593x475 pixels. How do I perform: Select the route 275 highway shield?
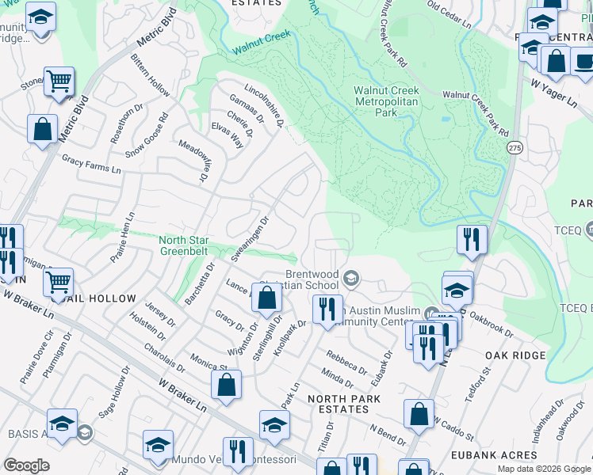(x=515, y=148)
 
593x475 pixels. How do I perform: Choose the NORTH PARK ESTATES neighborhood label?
(x=339, y=404)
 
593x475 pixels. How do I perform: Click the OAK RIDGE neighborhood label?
(x=516, y=356)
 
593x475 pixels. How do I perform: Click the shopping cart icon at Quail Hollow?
(x=58, y=282)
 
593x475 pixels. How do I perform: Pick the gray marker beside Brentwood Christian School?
(x=352, y=277)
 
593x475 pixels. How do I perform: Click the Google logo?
(x=26, y=465)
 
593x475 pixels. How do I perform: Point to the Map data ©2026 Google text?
(x=543, y=469)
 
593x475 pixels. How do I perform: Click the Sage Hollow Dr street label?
(x=113, y=393)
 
